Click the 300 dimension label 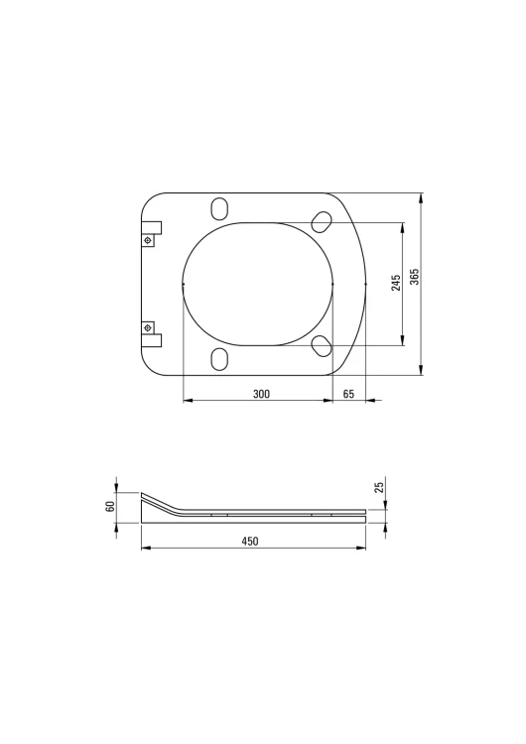261,394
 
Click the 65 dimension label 348,394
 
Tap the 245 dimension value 396,283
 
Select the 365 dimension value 415,277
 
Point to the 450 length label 250,541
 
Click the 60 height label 110,506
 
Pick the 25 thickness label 379,487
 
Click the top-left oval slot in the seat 220,208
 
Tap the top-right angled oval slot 322,222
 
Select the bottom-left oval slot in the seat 220,359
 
